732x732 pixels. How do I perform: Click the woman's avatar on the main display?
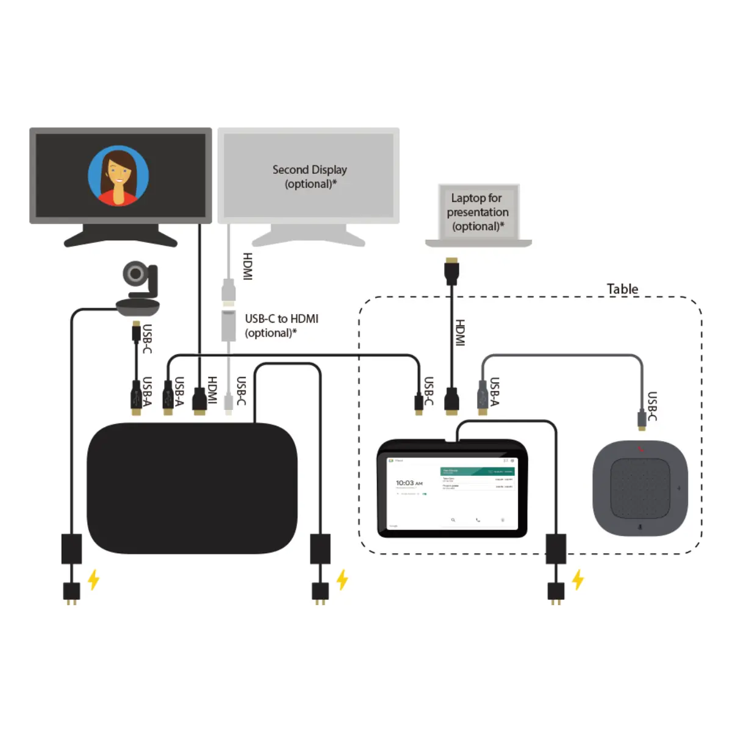pyautogui.click(x=118, y=176)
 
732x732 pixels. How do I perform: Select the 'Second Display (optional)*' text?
pyautogui.click(x=309, y=176)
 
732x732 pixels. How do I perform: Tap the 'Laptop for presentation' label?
pyautogui.click(x=477, y=212)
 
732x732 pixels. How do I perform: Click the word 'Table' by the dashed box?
pyautogui.click(x=622, y=289)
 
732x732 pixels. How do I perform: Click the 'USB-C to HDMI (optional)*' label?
pyautogui.click(x=281, y=326)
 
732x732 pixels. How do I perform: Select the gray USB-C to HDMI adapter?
pyautogui.click(x=228, y=325)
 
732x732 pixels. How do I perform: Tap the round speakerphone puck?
pyautogui.click(x=640, y=488)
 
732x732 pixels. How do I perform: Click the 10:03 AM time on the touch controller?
pyautogui.click(x=409, y=483)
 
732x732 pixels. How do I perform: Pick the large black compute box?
pyautogui.click(x=192, y=488)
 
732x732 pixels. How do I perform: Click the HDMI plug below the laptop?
pyautogui.click(x=451, y=271)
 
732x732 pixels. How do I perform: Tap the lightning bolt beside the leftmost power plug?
pyautogui.click(x=93, y=579)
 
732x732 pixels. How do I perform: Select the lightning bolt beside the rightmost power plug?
pyautogui.click(x=578, y=579)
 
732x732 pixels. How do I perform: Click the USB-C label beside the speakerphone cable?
pyautogui.click(x=651, y=406)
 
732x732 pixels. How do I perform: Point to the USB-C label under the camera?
pyautogui.click(x=147, y=339)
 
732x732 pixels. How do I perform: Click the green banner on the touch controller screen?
pyautogui.click(x=477, y=471)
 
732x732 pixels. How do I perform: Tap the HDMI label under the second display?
pyautogui.click(x=248, y=267)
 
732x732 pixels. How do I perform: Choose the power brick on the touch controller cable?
pyautogui.click(x=555, y=548)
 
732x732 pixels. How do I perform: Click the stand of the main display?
pyautogui.click(x=121, y=235)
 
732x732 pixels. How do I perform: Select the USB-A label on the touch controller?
pyautogui.click(x=495, y=392)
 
